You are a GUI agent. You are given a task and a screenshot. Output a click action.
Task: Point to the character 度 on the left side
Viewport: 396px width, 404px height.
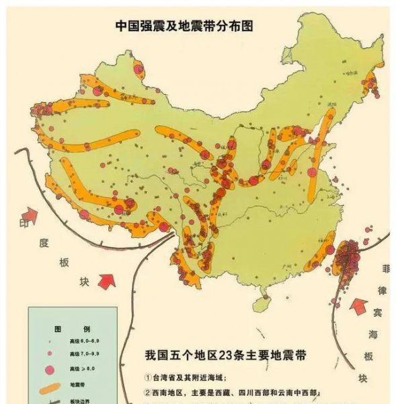click(44, 242)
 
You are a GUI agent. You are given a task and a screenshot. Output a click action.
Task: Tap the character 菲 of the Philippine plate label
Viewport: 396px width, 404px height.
click(385, 271)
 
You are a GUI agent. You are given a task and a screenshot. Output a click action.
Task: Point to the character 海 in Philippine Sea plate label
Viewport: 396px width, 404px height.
click(372, 335)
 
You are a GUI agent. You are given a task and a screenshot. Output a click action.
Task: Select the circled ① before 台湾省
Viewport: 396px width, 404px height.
click(149, 377)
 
